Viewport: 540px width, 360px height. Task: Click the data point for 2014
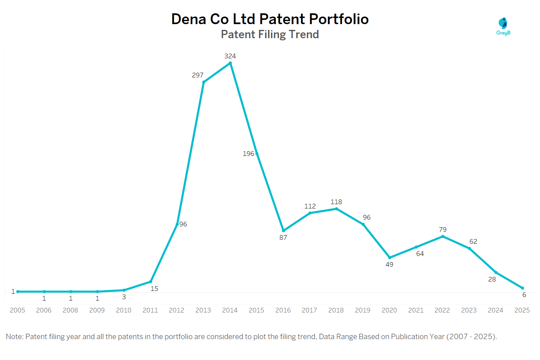coord(230,63)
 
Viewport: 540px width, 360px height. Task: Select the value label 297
coord(198,75)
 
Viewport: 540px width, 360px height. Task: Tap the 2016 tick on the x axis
coord(283,310)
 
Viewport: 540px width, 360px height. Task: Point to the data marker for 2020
coord(390,258)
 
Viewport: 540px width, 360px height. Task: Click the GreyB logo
coord(503,26)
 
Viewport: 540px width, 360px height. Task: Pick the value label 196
coord(248,154)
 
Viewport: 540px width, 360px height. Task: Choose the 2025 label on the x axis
coord(522,310)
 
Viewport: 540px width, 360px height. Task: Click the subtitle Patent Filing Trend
coord(270,34)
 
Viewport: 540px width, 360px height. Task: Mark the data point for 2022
coord(443,237)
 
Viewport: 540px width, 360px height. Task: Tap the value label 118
coord(336,202)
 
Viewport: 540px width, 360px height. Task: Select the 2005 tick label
coord(17,310)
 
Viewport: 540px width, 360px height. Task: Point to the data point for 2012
coord(177,224)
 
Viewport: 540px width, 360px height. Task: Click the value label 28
coord(492,279)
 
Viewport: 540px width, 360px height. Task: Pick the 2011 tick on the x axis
coord(150,310)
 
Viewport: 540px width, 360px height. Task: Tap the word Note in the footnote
coord(14,337)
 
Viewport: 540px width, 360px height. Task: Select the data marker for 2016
coord(283,231)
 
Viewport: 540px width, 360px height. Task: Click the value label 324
coord(230,56)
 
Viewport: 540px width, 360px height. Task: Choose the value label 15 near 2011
coord(154,289)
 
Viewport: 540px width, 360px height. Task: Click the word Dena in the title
coord(189,19)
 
